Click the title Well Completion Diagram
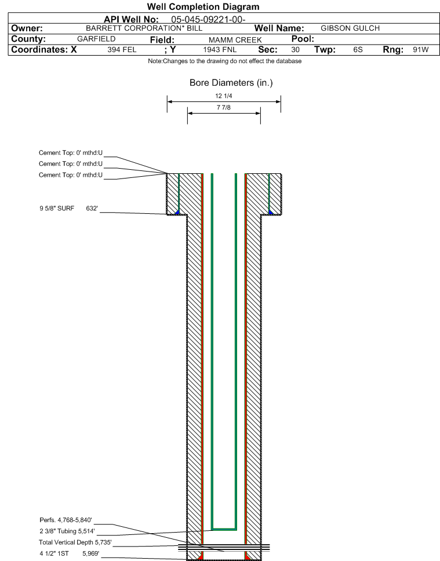pos(203,7)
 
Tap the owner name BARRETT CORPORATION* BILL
pos(144,28)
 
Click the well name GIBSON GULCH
pos(350,28)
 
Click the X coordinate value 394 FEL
pos(122,50)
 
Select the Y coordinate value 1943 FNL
pos(220,50)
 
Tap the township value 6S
pos(358,50)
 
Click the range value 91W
pos(420,50)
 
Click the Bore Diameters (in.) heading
pos(231,83)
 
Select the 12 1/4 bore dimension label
pos(224,97)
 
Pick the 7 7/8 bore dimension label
pos(224,108)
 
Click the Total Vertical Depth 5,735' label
pos(75,542)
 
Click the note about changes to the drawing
pos(224,61)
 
